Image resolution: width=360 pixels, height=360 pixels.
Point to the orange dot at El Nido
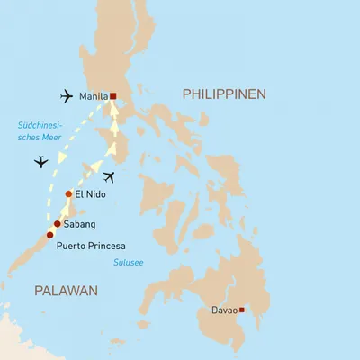coord(68,194)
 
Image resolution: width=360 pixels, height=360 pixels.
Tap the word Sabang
coord(79,224)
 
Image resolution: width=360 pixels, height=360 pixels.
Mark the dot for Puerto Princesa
coord(49,235)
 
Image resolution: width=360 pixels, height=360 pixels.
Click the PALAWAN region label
coord(61,289)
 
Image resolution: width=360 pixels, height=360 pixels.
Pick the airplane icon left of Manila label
coord(65,95)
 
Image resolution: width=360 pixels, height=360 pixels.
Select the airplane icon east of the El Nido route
coord(110,176)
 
